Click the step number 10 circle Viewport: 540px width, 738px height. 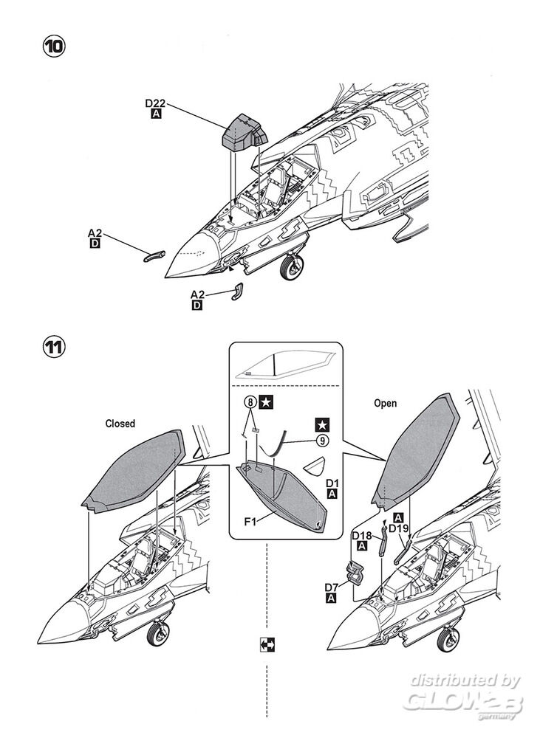(x=54, y=46)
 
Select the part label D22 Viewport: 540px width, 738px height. (x=156, y=104)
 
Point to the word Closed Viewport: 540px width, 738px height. (x=120, y=424)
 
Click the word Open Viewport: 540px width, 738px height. (x=385, y=404)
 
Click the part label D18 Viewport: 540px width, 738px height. (x=362, y=535)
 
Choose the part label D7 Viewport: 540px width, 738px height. (x=332, y=587)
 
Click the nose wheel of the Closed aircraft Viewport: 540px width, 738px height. (x=158, y=635)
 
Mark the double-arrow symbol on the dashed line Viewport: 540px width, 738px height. (x=267, y=644)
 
